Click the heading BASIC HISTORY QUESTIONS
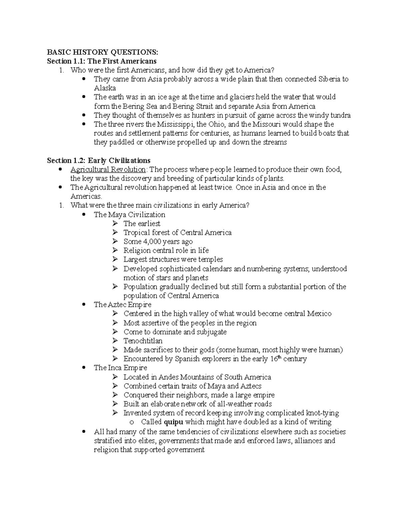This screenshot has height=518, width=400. (102, 52)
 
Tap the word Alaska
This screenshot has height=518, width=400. (105, 88)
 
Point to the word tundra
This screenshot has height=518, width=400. (340, 115)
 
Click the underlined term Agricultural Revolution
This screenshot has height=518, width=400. (108, 169)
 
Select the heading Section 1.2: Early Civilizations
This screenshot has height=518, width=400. (99, 160)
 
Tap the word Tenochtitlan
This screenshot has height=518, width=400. (143, 341)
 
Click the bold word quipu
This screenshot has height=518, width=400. (173, 422)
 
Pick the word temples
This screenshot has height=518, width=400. (210, 260)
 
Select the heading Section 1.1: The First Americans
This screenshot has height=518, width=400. (102, 61)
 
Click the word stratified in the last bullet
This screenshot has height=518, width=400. (108, 441)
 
